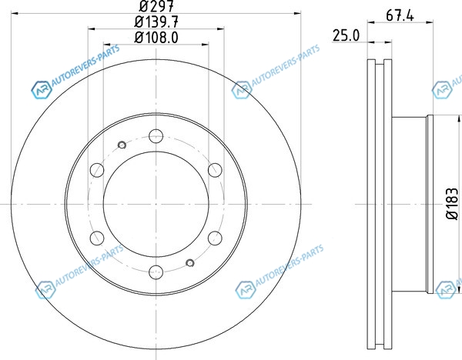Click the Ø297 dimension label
tap(156, 5)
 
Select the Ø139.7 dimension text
tap(156, 22)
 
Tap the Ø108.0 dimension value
tap(156, 38)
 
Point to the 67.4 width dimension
tap(400, 15)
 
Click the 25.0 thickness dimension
tap(346, 35)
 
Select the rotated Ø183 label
tap(453, 204)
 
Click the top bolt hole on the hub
tap(156, 136)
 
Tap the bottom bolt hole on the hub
tap(156, 272)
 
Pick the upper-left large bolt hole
tap(97, 170)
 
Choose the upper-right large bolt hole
tap(215, 170)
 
